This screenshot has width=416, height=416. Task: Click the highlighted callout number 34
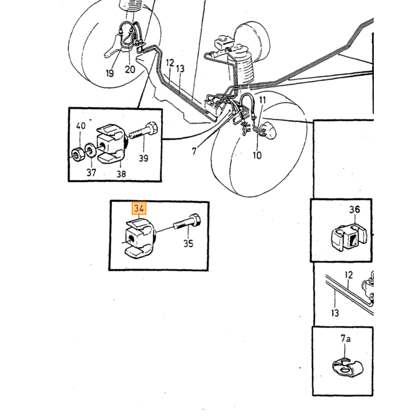[x=139, y=208]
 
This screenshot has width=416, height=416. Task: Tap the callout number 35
[x=188, y=243]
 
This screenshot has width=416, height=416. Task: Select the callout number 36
[x=355, y=209]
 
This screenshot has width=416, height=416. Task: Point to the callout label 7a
[x=345, y=339]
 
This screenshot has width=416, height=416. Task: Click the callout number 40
[x=81, y=125]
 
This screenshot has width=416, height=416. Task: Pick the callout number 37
[x=92, y=172]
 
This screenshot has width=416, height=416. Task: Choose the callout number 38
[x=121, y=174]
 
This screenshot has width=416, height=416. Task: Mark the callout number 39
[x=144, y=158]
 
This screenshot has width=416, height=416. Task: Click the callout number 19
[x=109, y=73]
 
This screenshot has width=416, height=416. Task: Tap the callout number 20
[x=130, y=70]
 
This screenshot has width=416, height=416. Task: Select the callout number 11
[x=263, y=100]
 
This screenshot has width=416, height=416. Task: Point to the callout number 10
[x=257, y=155]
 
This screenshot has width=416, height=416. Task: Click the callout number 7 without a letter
[x=194, y=151]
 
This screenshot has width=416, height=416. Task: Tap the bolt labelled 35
[x=187, y=222]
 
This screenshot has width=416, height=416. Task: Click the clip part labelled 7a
[x=347, y=367]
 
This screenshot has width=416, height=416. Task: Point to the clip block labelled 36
[x=348, y=238]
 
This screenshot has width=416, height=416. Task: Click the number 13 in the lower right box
[x=335, y=313]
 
